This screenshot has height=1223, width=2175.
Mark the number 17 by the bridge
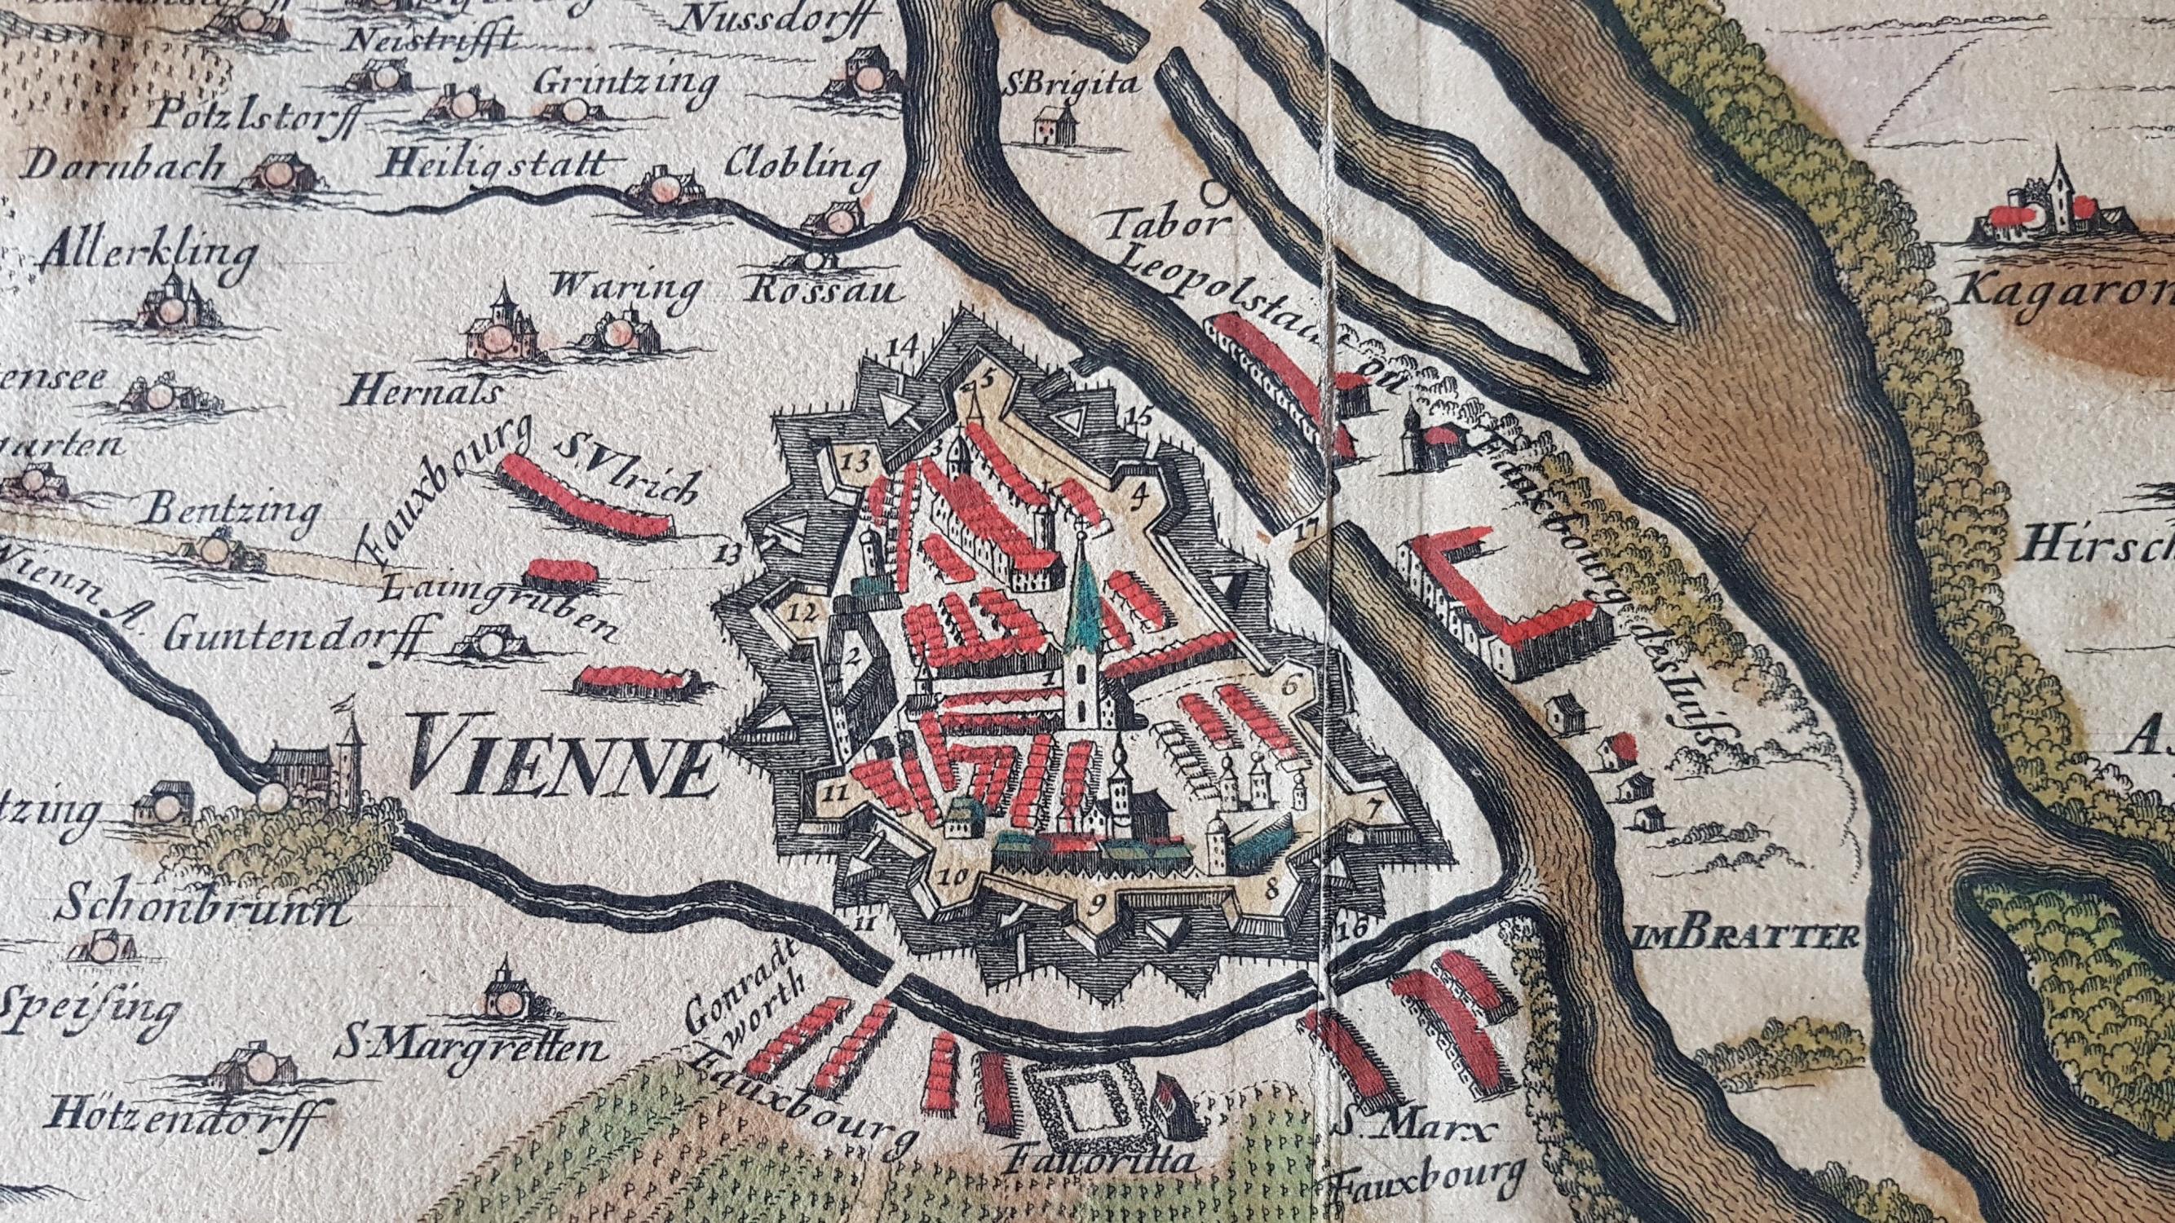pyautogui.click(x=1308, y=533)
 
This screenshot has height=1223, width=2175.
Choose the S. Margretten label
pyautogui.click(x=471, y=1047)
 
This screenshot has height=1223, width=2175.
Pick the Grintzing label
pyautogui.click(x=626, y=85)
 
